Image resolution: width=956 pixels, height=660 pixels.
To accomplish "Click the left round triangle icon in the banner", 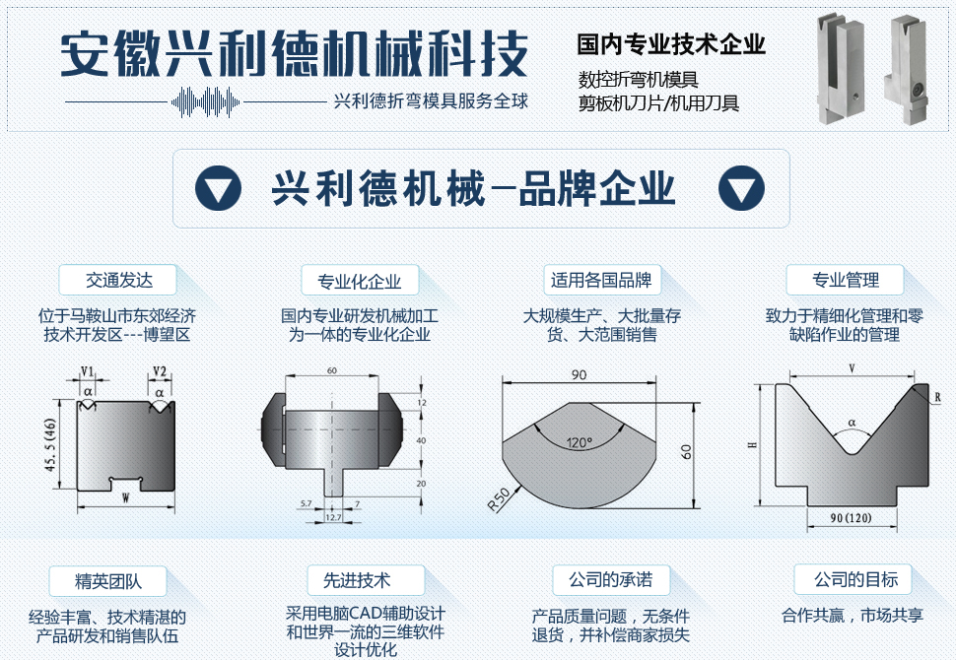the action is coord(218,188).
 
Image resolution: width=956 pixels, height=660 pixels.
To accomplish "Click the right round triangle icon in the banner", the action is coord(741,188).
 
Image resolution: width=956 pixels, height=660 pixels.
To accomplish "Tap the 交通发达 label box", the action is coord(117,280).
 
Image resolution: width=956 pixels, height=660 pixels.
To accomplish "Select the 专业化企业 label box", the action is coord(360,281).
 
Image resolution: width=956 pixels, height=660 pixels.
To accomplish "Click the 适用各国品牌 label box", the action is coord(602,280).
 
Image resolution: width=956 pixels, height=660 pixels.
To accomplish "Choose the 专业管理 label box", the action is coord(845,280).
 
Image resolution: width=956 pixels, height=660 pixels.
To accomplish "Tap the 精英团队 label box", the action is coord(107,581).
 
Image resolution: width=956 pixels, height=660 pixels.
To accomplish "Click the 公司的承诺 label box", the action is coord(611,579).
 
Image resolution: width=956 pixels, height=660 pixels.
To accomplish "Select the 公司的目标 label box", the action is coord(853,579).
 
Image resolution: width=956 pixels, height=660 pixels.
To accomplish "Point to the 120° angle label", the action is coord(579,443).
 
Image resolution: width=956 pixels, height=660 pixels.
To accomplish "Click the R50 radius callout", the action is coord(498,499).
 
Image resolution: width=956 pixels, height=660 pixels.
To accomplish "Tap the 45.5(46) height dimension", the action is coord(50,444).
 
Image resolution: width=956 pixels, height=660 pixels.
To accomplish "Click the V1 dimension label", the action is coord(87,371).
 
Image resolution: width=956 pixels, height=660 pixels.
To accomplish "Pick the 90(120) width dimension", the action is coord(851,518).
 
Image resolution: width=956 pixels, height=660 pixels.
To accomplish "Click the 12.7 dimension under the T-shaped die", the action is coord(333,517).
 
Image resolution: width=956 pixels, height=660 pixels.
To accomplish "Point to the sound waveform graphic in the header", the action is coord(205,101).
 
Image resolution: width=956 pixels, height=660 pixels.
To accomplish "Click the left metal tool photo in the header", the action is coord(841,68).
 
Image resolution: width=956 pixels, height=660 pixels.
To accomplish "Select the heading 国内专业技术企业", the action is coord(671,44).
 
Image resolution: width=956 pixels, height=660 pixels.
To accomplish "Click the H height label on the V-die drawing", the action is coord(753,445).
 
